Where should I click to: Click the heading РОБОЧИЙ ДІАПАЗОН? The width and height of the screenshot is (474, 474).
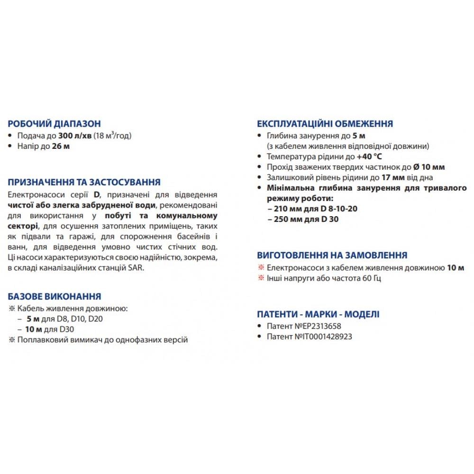pos(54,124)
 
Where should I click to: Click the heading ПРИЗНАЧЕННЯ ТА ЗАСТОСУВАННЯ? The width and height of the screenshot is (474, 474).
pos(84,182)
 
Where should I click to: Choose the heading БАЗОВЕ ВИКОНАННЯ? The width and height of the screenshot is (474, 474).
pos(55,297)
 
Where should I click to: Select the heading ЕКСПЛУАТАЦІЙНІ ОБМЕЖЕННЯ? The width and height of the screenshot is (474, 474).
pos(325,124)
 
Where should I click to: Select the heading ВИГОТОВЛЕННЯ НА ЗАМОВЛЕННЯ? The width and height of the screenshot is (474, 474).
pos(332,256)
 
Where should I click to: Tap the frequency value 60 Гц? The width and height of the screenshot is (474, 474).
pos(370,278)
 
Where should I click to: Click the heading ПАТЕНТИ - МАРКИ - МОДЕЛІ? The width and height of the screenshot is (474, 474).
pos(318,315)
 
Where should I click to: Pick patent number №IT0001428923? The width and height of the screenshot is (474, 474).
pos(322,337)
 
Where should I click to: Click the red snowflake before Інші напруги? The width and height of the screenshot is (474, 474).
pos(260,278)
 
